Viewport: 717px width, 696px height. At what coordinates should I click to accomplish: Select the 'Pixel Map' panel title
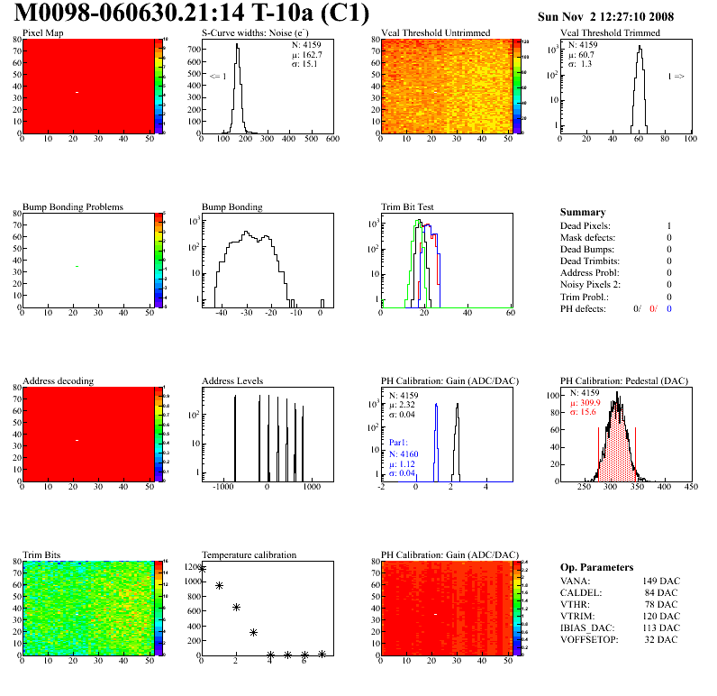coord(42,33)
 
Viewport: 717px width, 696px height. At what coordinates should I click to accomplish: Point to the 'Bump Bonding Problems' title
coord(73,206)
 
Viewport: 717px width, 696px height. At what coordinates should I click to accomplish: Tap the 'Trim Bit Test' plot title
coord(407,206)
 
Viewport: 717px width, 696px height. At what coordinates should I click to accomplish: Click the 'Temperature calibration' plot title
coord(250,554)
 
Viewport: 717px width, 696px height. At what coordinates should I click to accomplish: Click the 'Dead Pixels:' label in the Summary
coord(585,225)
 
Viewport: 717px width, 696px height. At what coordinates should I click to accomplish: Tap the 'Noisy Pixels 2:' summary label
coord(592,285)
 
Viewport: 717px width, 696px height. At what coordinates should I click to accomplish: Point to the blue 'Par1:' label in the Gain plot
coord(399,444)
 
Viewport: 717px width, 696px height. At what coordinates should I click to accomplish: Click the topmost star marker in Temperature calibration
coord(202,569)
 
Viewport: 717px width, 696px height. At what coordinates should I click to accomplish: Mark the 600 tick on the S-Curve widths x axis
coord(331,140)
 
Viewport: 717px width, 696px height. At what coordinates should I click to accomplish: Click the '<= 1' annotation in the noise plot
coord(216,76)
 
